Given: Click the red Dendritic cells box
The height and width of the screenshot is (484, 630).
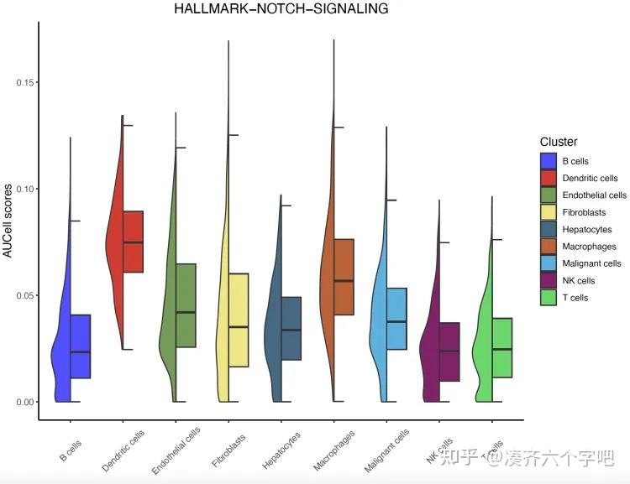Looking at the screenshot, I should pyautogui.click(x=133, y=242).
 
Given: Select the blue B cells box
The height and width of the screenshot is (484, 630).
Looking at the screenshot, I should pyautogui.click(x=80, y=346).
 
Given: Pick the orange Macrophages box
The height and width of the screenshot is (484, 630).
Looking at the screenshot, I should pyautogui.click(x=344, y=277).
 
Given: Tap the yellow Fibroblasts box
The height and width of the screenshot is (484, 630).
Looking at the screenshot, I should pyautogui.click(x=238, y=320).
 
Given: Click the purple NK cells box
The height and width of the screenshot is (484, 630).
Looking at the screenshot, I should pyautogui.click(x=449, y=351).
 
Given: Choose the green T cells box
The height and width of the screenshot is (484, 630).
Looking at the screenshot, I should pyautogui.click(x=502, y=347).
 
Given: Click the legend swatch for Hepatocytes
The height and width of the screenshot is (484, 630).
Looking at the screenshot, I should pyautogui.click(x=549, y=229).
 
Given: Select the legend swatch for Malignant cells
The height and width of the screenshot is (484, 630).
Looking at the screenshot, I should pyautogui.click(x=549, y=263).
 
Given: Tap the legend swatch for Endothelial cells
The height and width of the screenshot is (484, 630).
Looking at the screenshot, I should pyautogui.click(x=549, y=195).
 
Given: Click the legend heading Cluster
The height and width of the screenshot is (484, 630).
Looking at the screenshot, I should pyautogui.click(x=559, y=142).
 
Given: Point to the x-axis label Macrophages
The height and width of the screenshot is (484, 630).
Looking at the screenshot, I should pyautogui.click(x=334, y=450).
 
